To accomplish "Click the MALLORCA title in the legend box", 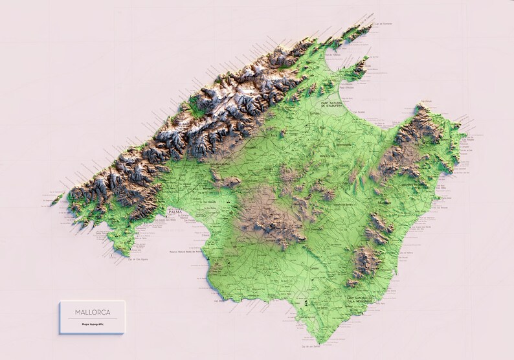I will [x=91, y=312].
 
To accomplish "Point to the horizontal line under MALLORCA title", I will [x=91, y=318].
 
